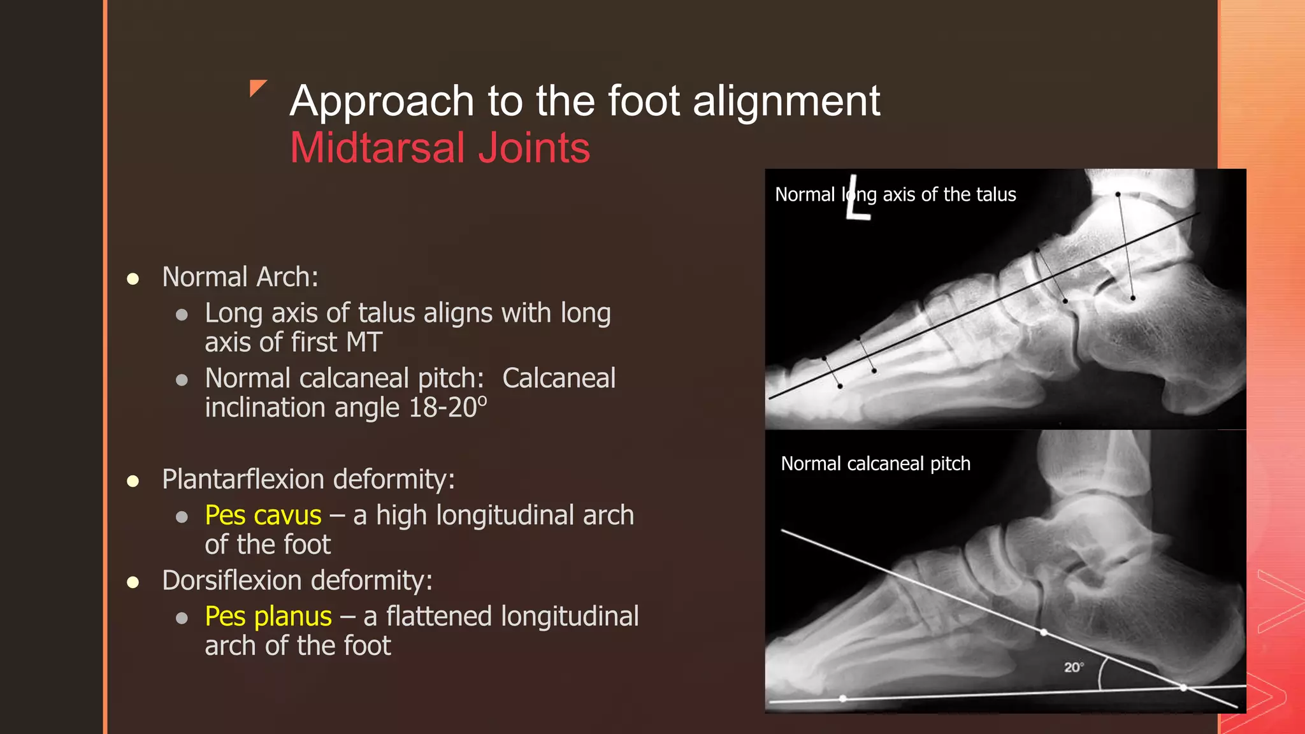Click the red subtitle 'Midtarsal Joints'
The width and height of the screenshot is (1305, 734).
click(x=440, y=148)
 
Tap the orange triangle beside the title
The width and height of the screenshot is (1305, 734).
click(x=257, y=87)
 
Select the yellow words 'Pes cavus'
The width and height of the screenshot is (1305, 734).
click(x=263, y=515)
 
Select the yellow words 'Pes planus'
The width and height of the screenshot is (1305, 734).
click(x=268, y=616)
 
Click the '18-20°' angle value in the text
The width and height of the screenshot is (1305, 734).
click(x=447, y=408)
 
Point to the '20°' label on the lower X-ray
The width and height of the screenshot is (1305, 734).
click(x=1073, y=667)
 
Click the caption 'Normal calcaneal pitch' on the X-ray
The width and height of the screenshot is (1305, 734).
click(x=876, y=463)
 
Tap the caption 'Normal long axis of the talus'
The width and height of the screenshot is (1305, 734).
click(x=895, y=194)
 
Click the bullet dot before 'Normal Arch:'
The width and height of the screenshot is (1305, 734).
click(x=133, y=278)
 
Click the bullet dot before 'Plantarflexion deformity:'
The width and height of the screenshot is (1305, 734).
click(x=133, y=481)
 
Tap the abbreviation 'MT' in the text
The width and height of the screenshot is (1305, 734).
click(x=364, y=343)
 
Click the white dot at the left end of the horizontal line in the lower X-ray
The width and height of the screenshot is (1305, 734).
click(x=843, y=698)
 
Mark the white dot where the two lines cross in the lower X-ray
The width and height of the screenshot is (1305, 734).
click(x=1183, y=687)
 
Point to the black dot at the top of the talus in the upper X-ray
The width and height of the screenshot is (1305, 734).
click(x=1118, y=194)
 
